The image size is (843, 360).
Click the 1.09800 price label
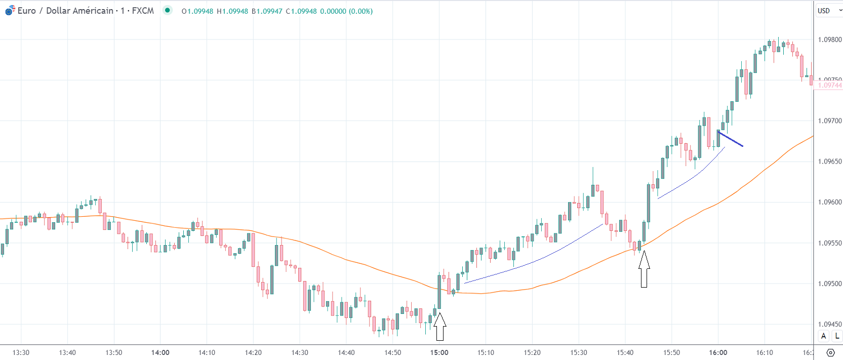[x=830, y=39]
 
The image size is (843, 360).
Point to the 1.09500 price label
[x=830, y=284]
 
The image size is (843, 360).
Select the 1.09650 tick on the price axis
[x=830, y=162]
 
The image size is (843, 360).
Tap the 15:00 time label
[x=439, y=352]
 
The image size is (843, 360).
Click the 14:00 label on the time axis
[x=160, y=352]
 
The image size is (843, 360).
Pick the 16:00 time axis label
[x=718, y=352]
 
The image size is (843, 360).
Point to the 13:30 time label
[x=21, y=352]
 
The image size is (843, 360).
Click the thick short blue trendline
[x=731, y=139]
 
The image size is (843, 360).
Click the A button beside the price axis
[x=824, y=336]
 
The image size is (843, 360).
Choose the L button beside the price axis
[x=837, y=336]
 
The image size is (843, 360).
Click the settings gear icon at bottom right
[x=830, y=352]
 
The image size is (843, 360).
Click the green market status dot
[x=168, y=10]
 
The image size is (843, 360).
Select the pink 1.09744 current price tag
[x=830, y=85]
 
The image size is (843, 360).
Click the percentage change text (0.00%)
[x=360, y=11]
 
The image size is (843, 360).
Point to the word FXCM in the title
[x=143, y=11]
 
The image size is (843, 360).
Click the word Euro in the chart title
[x=27, y=11]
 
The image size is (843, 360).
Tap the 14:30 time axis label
[x=300, y=352]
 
